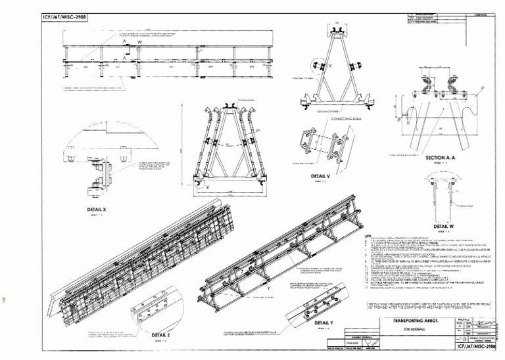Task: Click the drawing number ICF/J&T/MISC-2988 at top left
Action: (x=64, y=17)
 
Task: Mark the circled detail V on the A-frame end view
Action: (x=322, y=66)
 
